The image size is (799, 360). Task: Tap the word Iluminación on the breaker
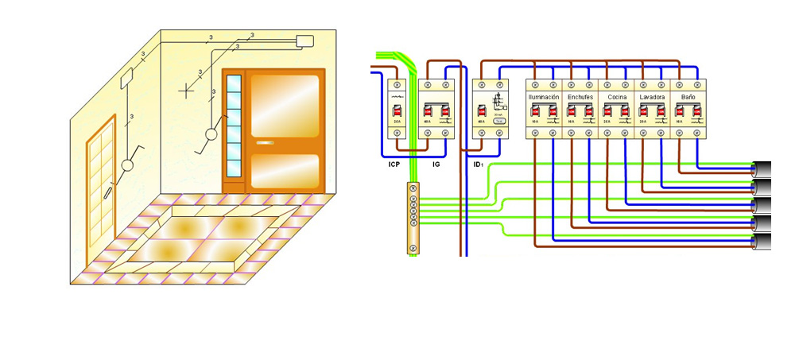tap(544, 97)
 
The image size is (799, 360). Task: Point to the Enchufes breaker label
tap(580, 97)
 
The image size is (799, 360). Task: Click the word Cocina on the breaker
tap(616, 97)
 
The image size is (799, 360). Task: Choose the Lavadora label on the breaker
tap(652, 97)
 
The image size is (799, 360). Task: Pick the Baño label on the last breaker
tap(688, 97)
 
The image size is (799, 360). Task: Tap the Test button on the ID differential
tap(498, 121)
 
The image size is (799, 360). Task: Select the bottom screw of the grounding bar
tap(413, 249)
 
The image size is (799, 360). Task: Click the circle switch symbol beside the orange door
tap(212, 134)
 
